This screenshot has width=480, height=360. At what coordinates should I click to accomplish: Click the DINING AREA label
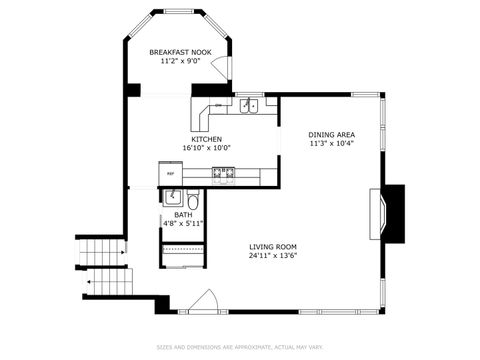pos(331,134)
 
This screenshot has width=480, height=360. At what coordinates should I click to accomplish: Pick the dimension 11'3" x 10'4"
pos(331,143)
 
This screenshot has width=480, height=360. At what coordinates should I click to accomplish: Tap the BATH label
pos(183,214)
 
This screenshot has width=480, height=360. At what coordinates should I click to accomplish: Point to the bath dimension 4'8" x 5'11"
pos(183,223)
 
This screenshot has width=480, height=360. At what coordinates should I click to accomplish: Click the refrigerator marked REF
pos(170,175)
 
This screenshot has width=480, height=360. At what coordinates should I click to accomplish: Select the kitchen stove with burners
pos(223,175)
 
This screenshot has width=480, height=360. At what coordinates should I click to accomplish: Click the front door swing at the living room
pos(205,301)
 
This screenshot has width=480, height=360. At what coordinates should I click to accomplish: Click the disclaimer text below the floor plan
pos(240,348)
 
